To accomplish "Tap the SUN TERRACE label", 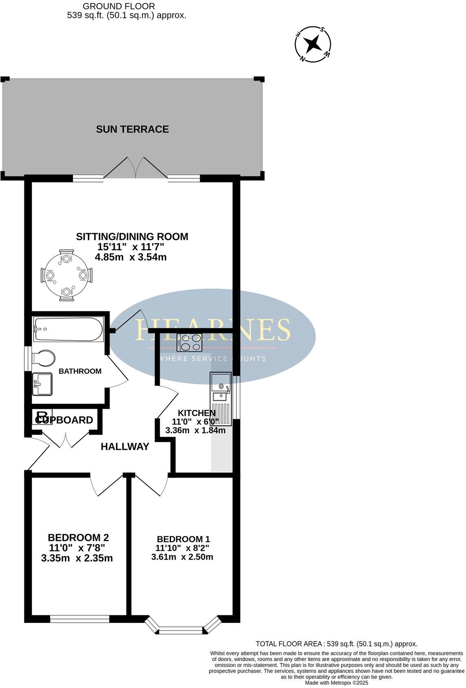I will (132, 129).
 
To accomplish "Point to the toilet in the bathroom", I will (43, 359).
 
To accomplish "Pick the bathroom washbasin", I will (42, 384).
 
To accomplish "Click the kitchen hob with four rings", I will (189, 342).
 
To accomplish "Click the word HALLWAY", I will (125, 447).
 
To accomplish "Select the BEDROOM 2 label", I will (78, 538).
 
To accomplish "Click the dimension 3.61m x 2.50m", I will (182, 557).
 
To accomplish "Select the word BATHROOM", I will (80, 371).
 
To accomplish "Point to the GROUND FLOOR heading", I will (119, 6).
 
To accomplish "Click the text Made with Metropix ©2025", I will (336, 683).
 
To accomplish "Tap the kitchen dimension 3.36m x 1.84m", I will (195, 430).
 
